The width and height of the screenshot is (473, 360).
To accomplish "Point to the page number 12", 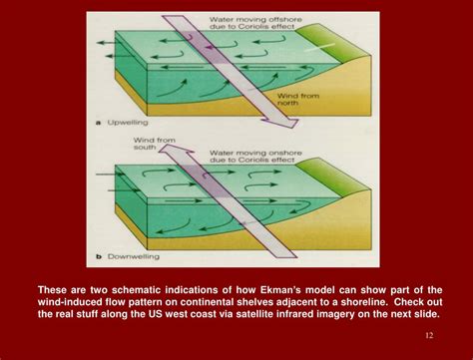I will (x=430, y=334).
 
